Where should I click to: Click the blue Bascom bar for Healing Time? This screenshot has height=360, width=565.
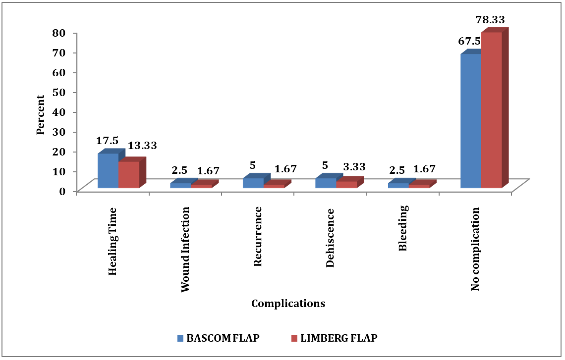108,171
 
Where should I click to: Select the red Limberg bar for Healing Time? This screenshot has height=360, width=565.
129,175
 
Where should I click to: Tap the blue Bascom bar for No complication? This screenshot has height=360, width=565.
471,121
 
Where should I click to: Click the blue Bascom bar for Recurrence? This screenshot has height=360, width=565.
253,183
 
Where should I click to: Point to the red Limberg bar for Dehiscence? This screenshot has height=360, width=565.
346,184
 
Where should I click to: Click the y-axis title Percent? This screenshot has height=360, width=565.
41,115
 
